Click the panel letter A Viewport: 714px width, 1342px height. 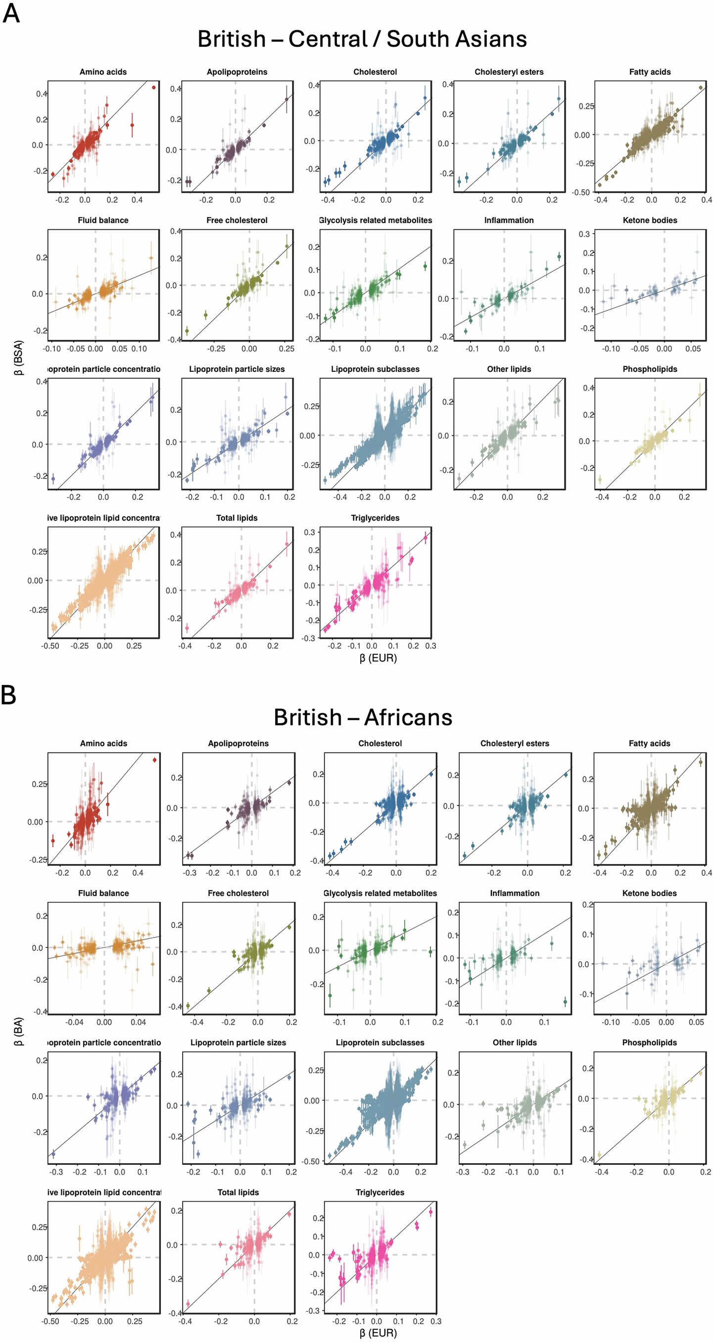(x=11, y=12)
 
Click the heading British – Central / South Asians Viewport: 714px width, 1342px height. (x=362, y=39)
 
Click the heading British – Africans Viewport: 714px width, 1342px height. (x=363, y=717)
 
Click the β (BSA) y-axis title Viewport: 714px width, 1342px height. (x=19, y=358)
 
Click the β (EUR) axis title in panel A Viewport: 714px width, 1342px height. (x=378, y=658)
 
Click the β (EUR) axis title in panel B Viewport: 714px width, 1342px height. (x=378, y=1333)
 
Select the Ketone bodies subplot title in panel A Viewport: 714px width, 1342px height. (x=649, y=220)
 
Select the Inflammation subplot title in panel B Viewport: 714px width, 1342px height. (x=514, y=893)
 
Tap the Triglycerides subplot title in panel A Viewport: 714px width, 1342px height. (x=375, y=518)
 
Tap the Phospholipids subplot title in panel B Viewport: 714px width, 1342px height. (x=649, y=1043)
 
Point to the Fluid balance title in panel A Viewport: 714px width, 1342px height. (x=102, y=220)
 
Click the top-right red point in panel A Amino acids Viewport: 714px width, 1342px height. (x=153, y=87)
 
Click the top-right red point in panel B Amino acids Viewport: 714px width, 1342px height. (x=155, y=759)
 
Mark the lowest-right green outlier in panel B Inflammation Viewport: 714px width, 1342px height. (x=565, y=1001)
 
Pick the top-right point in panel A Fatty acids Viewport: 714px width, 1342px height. (x=701, y=88)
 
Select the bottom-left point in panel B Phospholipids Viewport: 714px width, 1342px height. (x=599, y=1154)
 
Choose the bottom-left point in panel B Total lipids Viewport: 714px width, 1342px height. (x=188, y=1303)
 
